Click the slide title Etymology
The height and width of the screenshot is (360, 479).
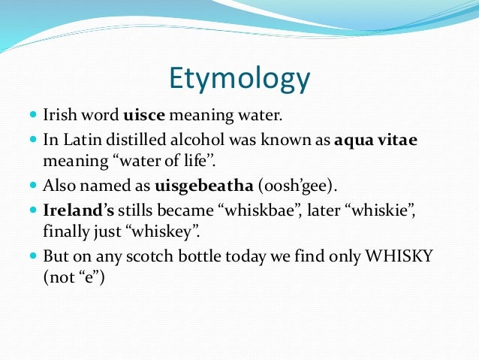(239, 79)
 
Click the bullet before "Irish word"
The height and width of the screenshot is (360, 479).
(32, 116)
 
